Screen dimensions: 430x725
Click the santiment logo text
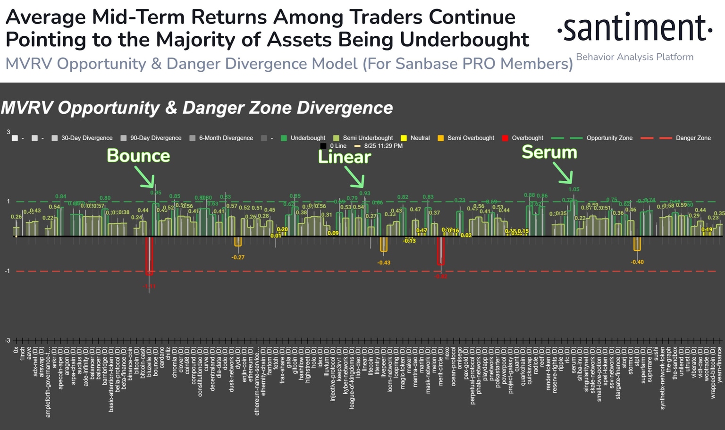(634, 28)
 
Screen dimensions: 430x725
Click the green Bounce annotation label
(138, 156)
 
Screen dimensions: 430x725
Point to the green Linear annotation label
(344, 157)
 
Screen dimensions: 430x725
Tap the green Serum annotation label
(549, 152)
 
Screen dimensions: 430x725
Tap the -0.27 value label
(238, 257)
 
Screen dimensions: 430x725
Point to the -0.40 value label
(637, 262)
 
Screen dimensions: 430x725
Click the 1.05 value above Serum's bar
(573, 189)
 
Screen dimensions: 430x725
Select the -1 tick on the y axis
(7, 271)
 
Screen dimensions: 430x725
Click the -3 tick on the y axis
(7, 340)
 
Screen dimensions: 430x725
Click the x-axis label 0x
(16, 350)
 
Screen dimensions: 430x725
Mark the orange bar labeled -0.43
(384, 244)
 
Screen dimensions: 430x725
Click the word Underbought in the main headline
(464, 40)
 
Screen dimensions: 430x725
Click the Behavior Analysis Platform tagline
(634, 57)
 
